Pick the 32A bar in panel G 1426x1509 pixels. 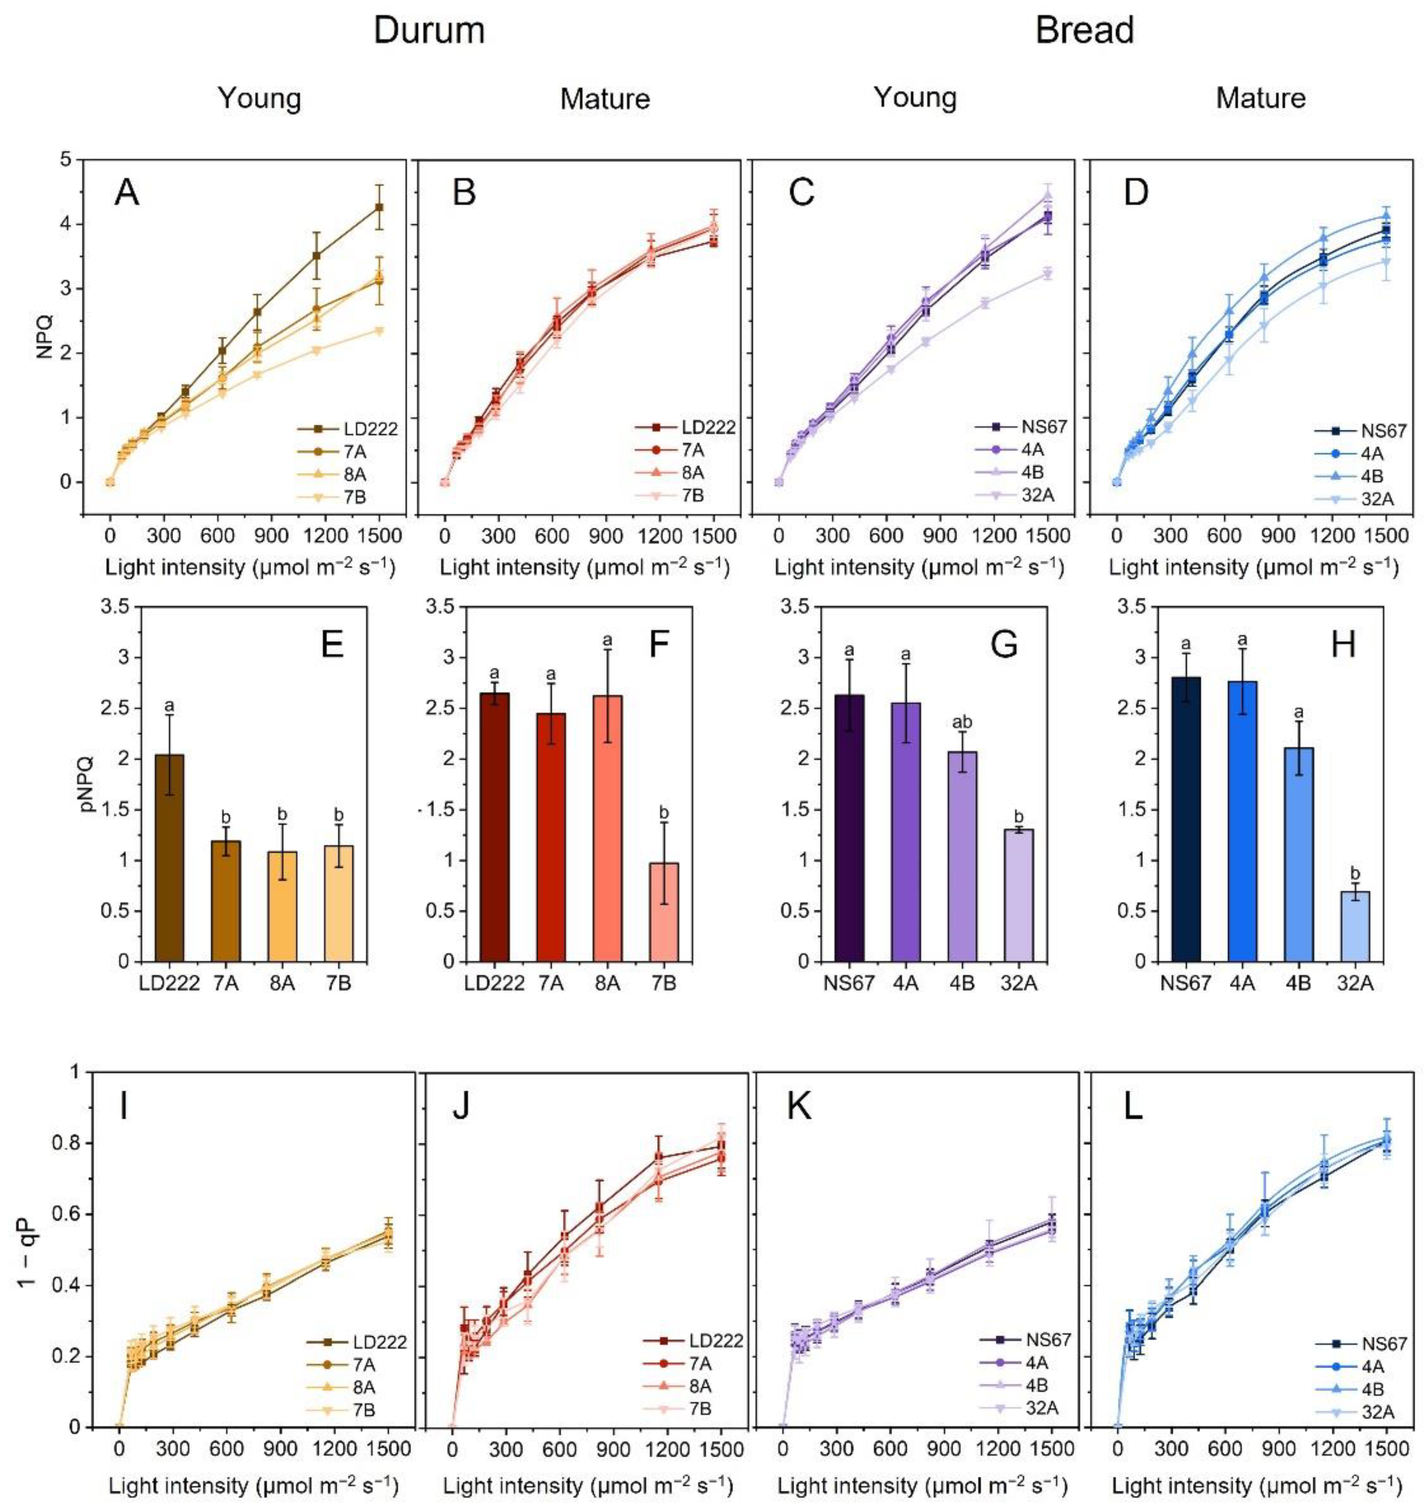point(1019,895)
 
